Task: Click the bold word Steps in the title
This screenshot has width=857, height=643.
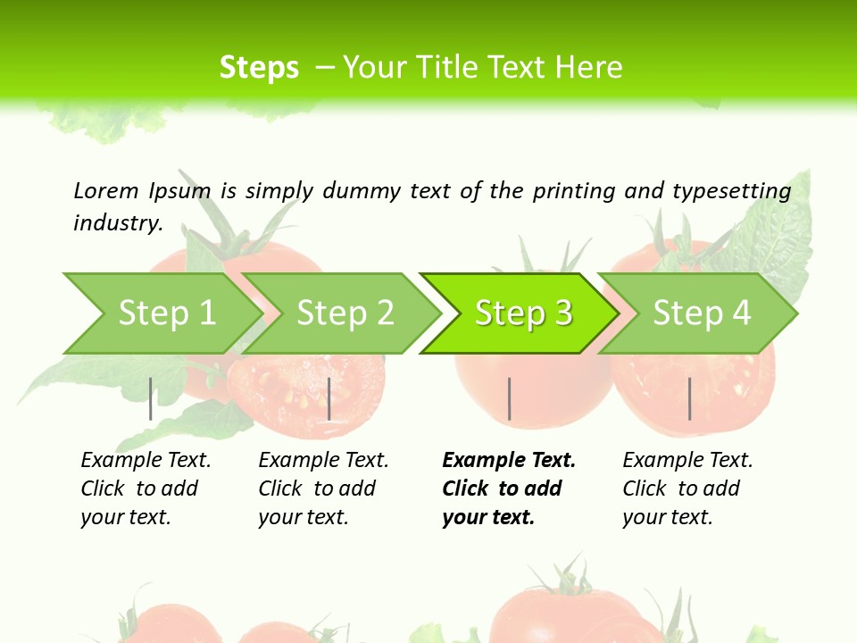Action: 259,68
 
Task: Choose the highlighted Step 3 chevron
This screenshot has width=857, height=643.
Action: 523,313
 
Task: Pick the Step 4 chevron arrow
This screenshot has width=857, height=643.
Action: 702,313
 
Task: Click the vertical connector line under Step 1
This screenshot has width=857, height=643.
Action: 151,398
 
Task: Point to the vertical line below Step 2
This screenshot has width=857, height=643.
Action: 329,398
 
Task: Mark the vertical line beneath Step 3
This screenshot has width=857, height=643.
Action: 509,398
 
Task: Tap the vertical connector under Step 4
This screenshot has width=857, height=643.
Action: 689,398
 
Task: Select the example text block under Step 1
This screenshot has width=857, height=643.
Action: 145,489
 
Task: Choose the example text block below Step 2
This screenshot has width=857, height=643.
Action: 322,489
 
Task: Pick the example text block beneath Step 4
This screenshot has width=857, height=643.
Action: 686,489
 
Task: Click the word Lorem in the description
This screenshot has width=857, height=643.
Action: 106,190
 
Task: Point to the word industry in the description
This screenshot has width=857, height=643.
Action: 117,222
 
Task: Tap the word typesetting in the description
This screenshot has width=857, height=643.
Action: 731,191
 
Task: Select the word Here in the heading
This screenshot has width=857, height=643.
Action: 588,68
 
